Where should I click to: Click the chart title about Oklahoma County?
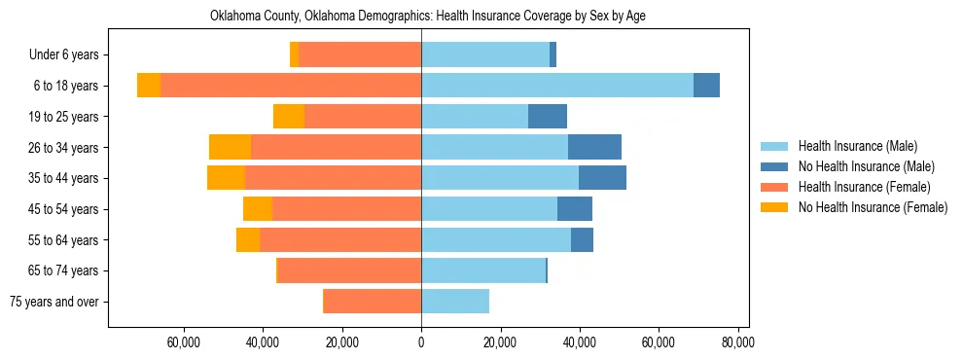pyautogui.click(x=428, y=17)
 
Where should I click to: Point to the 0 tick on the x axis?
pyautogui.click(x=421, y=342)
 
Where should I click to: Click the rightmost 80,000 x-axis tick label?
pyautogui.click(x=737, y=342)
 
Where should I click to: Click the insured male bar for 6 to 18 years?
pyautogui.click(x=556, y=86)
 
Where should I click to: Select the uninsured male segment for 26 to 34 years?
pyautogui.click(x=594, y=147)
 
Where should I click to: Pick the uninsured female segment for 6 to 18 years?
pyautogui.click(x=149, y=86)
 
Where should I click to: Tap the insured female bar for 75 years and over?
pyautogui.click(x=373, y=302)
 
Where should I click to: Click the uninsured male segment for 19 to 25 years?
pyautogui.click(x=548, y=117)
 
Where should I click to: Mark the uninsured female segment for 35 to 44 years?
pyautogui.click(x=226, y=178)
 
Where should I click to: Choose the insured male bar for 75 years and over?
pyautogui.click(x=455, y=302)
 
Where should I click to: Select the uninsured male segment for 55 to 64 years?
pyautogui.click(x=582, y=239)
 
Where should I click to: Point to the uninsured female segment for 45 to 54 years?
pyautogui.click(x=258, y=209)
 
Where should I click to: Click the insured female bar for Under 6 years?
pyautogui.click(x=360, y=55)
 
